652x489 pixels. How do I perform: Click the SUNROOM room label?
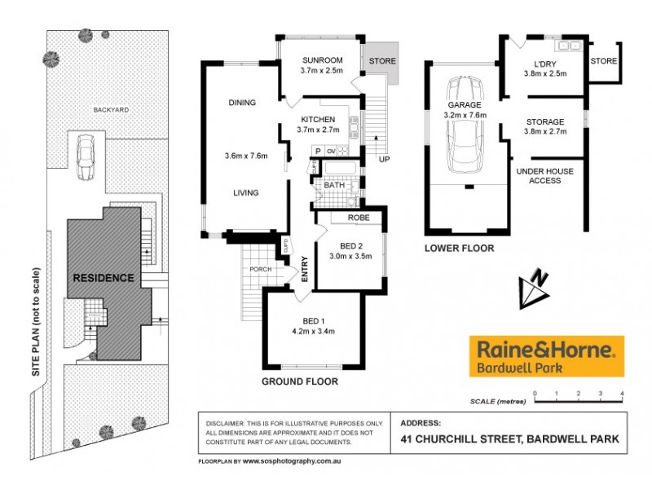point(321,60)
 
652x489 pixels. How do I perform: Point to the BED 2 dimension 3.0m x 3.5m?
point(350,256)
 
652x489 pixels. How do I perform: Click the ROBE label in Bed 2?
point(359,218)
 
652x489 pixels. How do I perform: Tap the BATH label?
point(334,186)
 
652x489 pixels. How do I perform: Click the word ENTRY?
point(305,269)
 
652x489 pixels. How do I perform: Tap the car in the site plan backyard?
point(85,156)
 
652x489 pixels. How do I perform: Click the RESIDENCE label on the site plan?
point(104,278)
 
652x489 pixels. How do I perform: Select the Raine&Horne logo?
point(545,356)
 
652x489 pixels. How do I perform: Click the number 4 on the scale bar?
point(622,394)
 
